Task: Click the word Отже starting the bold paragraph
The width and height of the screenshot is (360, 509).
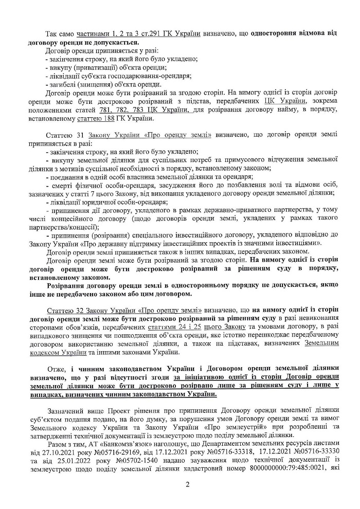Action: tap(55, 370)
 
